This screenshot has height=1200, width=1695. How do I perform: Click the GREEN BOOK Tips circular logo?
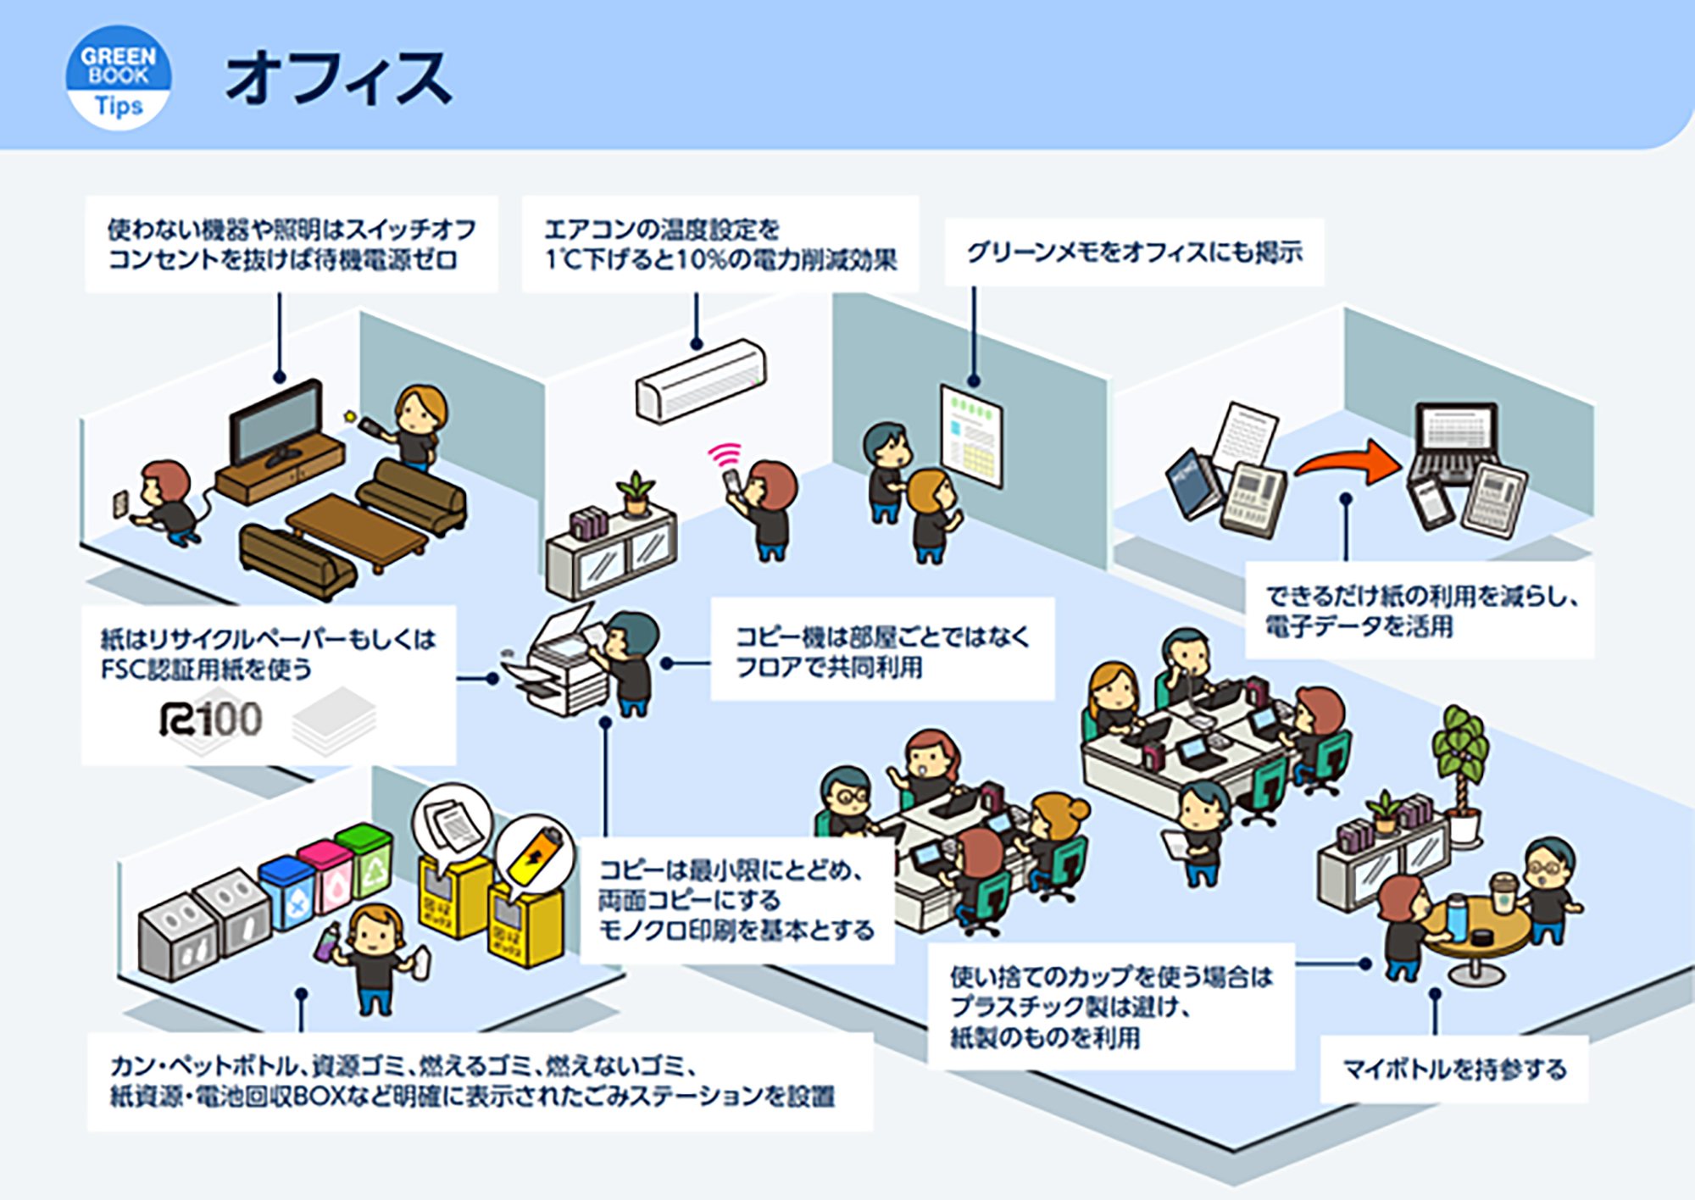coord(119,78)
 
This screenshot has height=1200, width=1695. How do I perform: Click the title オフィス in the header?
coord(338,78)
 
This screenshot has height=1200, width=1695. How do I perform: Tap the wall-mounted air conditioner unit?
coord(701,381)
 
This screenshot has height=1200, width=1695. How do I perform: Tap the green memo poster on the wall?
coord(971,436)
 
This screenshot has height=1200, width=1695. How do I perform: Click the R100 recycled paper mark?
coord(211,720)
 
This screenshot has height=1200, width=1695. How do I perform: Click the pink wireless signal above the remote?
coord(725,454)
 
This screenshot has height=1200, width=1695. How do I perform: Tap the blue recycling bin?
coord(287,893)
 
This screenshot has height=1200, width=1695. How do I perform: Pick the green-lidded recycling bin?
coord(365,858)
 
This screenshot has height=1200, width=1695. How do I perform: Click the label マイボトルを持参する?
coord(1454,1069)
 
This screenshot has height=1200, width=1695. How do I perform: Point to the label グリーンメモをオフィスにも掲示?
coord(1135,252)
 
